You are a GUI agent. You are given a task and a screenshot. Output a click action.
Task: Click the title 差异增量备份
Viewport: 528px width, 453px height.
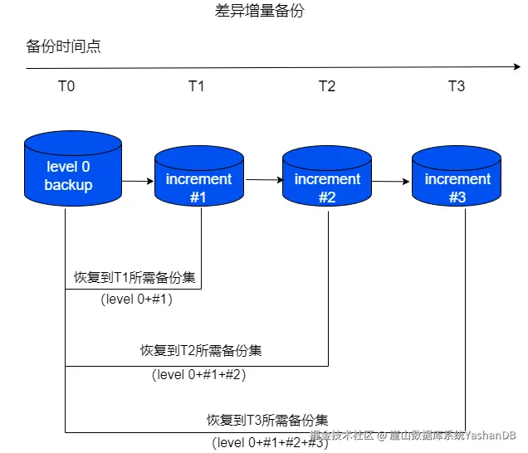pyautogui.click(x=265, y=12)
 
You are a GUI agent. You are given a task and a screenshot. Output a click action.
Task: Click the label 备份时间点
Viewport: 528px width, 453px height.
pyautogui.click(x=63, y=46)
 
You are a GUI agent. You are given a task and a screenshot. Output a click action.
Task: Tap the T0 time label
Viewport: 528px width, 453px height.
pyautogui.click(x=66, y=86)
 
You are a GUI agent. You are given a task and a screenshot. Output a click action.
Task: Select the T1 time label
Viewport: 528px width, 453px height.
pyautogui.click(x=196, y=86)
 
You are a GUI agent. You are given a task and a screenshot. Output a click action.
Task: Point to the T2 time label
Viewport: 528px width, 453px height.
pyautogui.click(x=327, y=86)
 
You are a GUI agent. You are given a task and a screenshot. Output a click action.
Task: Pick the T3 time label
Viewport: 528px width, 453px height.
pyautogui.click(x=457, y=86)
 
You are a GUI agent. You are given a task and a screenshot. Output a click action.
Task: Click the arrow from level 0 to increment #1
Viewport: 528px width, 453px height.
pyautogui.click(x=138, y=180)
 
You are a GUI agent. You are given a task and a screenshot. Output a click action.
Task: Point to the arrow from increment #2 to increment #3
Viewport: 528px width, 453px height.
pyautogui.click(x=392, y=180)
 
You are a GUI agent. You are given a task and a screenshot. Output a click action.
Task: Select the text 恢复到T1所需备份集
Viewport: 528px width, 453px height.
pyautogui.click(x=135, y=276)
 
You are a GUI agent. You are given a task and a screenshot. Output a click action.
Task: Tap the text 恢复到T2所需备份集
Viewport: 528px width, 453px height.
pyautogui.click(x=201, y=350)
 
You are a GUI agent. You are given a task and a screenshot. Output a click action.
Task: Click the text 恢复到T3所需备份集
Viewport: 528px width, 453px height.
pyautogui.click(x=267, y=420)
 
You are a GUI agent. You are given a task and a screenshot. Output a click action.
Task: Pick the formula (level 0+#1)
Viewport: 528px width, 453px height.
pyautogui.click(x=137, y=300)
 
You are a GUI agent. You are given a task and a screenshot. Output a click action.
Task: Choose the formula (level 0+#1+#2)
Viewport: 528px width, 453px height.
pyautogui.click(x=199, y=375)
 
